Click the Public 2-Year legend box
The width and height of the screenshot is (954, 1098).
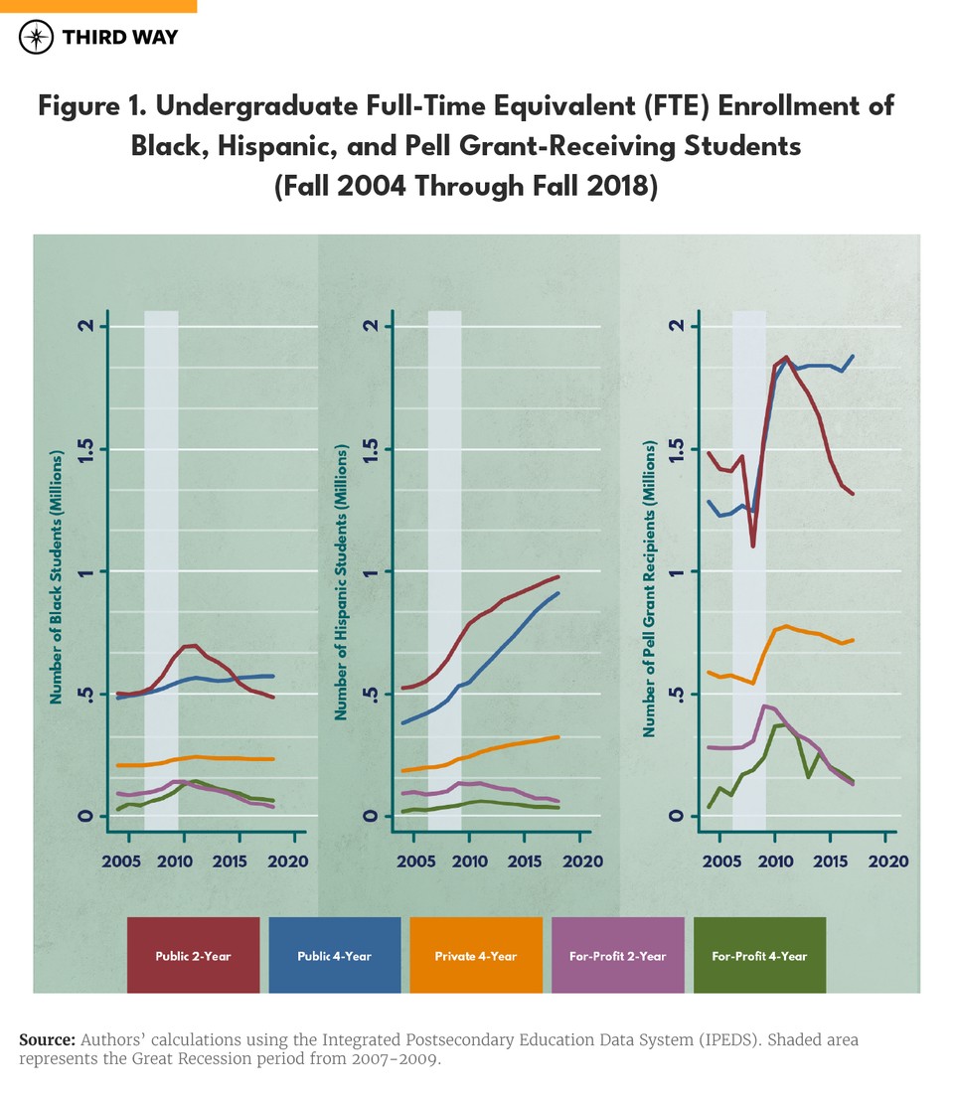coord(193,955)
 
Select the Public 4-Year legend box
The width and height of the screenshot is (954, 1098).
coord(335,955)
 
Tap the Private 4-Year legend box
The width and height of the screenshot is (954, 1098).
coord(476,955)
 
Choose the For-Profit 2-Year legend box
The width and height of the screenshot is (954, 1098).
coord(618,955)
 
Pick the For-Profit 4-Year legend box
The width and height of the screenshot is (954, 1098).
coord(759,955)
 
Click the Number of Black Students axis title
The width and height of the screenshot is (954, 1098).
coord(58,577)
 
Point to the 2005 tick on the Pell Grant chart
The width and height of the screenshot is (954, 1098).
coord(718,861)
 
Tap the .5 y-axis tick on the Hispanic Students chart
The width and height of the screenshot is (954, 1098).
coord(370,694)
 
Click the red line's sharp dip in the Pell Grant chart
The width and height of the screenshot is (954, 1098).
coord(753,546)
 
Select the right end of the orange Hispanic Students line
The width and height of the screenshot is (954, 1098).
coord(558,736)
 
